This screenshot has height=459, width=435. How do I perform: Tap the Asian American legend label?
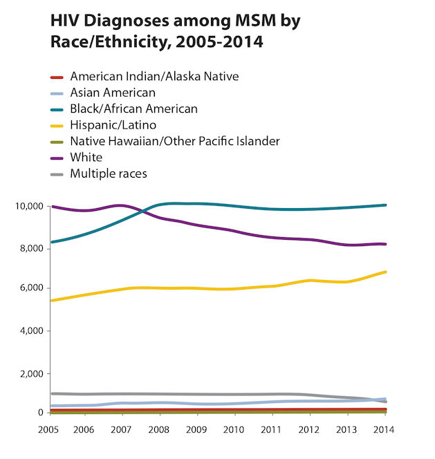click(113, 93)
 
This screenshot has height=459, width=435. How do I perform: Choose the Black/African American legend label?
click(133, 109)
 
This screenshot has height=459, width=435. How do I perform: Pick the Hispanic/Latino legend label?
click(113, 125)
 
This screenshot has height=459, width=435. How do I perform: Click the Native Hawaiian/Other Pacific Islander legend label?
click(174, 141)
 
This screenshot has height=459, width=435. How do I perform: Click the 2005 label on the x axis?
click(48, 429)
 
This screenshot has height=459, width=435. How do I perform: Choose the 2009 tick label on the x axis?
click(197, 429)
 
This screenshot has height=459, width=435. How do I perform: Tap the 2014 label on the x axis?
click(384, 429)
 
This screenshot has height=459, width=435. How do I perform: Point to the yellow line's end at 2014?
click(385, 272)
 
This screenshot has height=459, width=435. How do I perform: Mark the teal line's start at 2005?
click(52, 242)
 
